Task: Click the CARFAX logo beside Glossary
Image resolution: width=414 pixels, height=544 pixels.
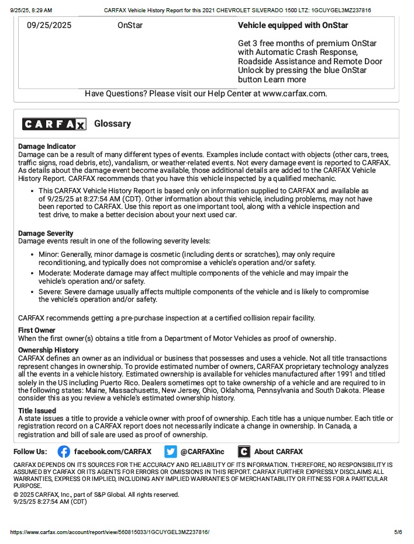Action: (x=54, y=124)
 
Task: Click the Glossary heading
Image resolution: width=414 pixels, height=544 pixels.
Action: (x=112, y=124)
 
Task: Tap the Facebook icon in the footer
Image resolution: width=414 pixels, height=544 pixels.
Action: (x=64, y=451)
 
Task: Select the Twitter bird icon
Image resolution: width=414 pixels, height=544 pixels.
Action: (x=170, y=451)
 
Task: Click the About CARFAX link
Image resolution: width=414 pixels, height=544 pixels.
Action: (x=278, y=451)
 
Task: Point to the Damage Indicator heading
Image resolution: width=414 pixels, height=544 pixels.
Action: (x=47, y=146)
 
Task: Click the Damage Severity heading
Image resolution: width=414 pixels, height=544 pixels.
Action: (x=46, y=233)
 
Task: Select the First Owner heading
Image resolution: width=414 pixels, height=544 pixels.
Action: (x=36, y=330)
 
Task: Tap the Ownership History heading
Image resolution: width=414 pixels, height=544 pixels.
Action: (x=48, y=350)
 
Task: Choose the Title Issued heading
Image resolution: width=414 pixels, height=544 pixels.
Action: (x=37, y=411)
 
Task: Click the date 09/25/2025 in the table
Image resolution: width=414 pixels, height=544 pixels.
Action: (x=49, y=26)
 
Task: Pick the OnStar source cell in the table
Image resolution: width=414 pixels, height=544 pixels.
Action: (x=130, y=26)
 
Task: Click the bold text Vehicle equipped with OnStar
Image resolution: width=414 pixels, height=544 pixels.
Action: (x=293, y=26)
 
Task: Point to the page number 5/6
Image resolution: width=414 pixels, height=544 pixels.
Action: (x=398, y=532)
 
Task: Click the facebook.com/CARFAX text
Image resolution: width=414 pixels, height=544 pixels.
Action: (x=112, y=451)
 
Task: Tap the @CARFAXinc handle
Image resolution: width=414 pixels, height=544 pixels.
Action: (x=202, y=451)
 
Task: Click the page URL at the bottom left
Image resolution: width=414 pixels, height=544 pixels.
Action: (x=110, y=532)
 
